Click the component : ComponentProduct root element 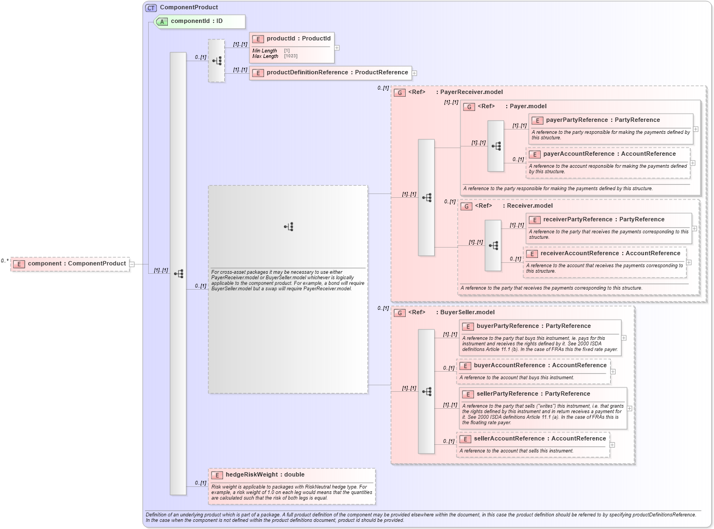[77, 264]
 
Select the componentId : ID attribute [196, 21]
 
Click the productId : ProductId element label [298, 39]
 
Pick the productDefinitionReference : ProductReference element [337, 73]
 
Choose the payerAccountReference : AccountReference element [609, 154]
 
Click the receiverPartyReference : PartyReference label [604, 220]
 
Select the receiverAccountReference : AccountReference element [610, 254]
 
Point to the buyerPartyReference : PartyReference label [533, 326]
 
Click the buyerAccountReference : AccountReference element [540, 366]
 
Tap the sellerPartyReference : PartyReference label [533, 394]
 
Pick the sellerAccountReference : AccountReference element [540, 439]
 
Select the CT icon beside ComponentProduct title [151, 8]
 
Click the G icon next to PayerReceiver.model [400, 93]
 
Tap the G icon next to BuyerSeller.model [400, 313]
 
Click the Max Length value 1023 [291, 56]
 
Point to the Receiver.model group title [529, 206]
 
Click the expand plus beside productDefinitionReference [414, 73]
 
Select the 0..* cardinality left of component [5, 261]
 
